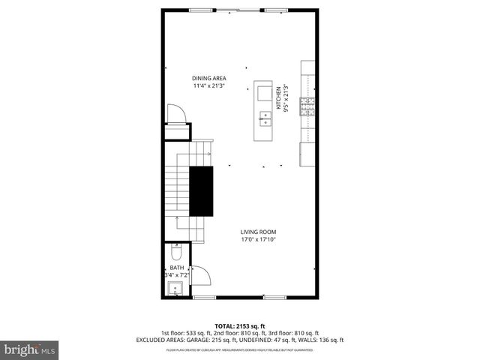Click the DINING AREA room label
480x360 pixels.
209,78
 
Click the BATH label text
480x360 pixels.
176,268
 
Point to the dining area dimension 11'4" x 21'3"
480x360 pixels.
209,85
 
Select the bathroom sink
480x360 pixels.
178,287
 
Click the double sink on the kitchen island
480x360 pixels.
265,116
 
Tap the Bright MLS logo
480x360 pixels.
29,349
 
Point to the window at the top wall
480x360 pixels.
240,10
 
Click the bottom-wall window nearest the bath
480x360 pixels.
205,298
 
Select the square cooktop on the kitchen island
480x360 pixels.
265,92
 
